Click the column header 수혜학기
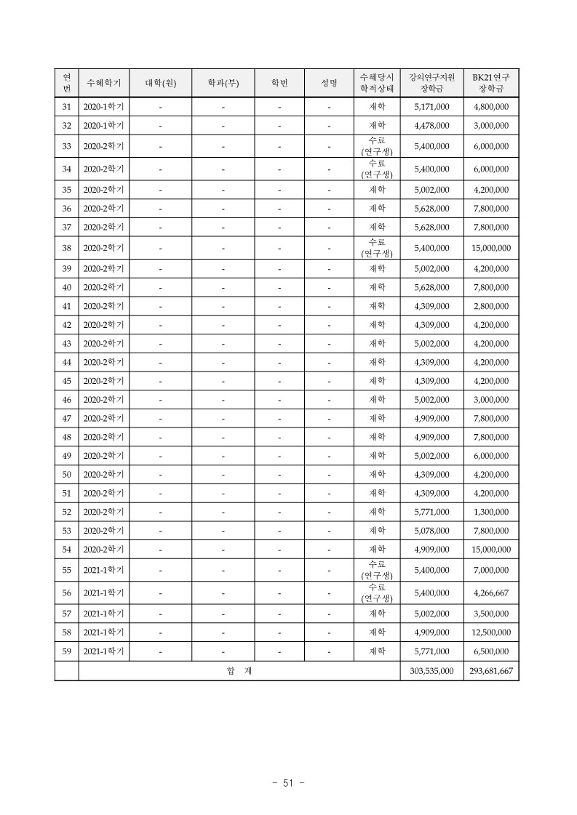103,83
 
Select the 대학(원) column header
161,83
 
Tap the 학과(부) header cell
223,83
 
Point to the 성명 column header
329,83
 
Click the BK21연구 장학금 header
490,83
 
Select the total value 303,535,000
431,671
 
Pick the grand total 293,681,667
490,671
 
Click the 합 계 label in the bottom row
239,671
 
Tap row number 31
66,107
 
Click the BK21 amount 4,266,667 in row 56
490,593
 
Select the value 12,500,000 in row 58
490,633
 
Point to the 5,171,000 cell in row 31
431,107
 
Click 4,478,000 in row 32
431,126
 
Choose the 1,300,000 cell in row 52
490,512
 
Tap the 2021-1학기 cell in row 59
103,651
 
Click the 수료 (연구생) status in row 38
376,248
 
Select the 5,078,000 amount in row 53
431,531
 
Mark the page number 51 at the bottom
287,783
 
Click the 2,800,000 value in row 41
490,306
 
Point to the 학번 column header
279,83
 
